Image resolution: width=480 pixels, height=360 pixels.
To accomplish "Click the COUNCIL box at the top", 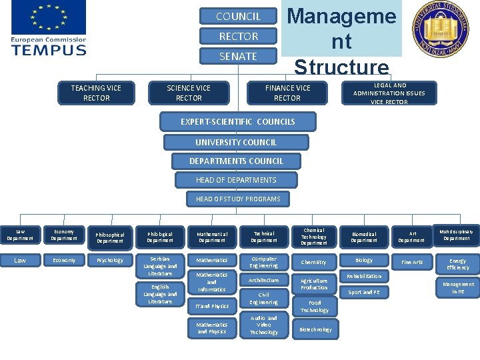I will point(238,16).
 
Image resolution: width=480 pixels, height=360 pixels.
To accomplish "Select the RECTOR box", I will point(238,36).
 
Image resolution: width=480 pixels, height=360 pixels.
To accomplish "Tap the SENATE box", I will point(238,56).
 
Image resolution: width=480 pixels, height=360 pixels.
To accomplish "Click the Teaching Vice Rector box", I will point(97,93).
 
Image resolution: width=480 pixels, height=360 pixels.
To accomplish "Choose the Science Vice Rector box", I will point(189,93).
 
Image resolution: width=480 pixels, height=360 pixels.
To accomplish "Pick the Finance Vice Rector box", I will point(287,93).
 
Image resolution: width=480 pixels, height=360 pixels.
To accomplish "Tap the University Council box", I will point(236,142).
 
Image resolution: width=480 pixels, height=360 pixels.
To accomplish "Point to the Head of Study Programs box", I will point(238,199).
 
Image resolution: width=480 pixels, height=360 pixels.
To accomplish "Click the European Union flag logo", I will point(48,18).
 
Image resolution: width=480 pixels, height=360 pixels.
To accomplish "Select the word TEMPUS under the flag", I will point(49,49).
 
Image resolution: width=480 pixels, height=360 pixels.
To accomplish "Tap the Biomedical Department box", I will point(364,237).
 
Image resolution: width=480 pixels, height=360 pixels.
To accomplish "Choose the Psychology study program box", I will point(110,261).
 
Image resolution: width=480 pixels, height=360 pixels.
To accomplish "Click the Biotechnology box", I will point(315,329).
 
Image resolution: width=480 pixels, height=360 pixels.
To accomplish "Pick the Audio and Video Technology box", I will point(264,325).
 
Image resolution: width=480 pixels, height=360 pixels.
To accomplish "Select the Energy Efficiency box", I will point(457,264).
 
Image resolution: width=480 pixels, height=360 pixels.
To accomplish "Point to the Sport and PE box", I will point(364,292).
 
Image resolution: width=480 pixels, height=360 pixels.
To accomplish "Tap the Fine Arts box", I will point(411,262).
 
